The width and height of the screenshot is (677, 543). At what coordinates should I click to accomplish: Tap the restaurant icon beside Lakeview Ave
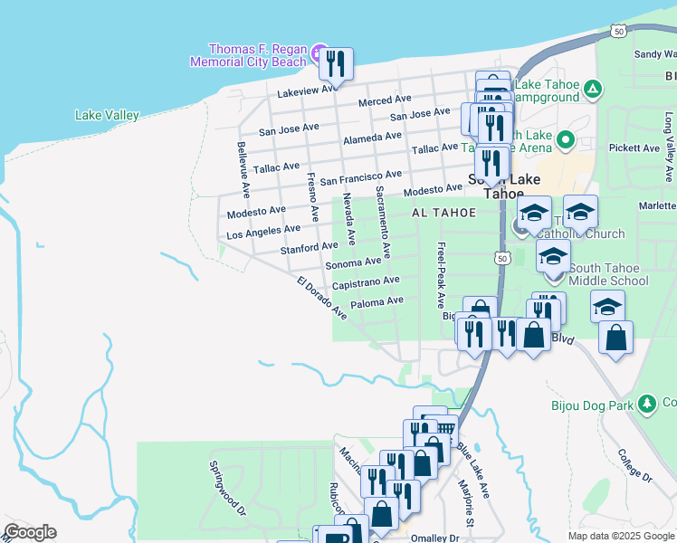[336, 64]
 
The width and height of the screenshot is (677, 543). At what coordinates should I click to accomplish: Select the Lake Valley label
[107, 115]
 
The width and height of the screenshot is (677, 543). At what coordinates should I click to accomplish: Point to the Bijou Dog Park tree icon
[646, 404]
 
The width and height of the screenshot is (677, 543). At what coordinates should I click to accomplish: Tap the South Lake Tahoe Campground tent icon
[592, 89]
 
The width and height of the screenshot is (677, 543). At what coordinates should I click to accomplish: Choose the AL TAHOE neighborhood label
[443, 213]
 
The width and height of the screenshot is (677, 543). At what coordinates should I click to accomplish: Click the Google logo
[30, 532]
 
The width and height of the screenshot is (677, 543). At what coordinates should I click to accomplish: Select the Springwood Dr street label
[227, 488]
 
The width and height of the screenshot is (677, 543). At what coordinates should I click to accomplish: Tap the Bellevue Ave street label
[243, 169]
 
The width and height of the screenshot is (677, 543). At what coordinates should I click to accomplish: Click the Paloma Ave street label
[377, 302]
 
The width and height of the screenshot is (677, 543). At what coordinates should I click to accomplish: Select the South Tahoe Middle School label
[609, 274]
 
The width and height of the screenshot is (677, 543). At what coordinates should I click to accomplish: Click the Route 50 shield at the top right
[618, 31]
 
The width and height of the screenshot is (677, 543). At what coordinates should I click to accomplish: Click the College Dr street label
[634, 463]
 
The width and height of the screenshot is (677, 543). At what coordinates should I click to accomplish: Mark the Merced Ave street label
[384, 100]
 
